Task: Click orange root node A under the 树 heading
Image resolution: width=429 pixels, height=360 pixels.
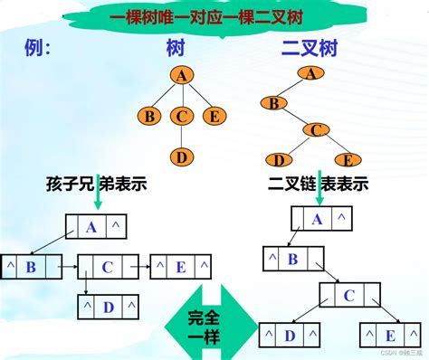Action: pos(181,77)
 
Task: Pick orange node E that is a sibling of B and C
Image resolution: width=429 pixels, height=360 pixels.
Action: pos(214,116)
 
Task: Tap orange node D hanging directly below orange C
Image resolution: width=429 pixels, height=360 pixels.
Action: pos(182,157)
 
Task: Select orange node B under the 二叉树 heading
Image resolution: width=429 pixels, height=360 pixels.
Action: pos(272,103)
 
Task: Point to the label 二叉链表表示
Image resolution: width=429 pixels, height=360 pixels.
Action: pos(319,184)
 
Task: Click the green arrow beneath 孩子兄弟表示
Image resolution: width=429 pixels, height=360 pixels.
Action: pos(97,204)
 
